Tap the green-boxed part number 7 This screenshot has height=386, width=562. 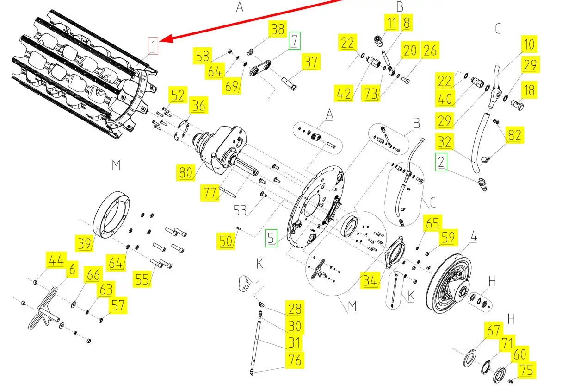point(294,41)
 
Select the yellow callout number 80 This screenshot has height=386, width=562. point(185,172)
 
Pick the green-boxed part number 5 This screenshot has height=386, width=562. point(271,239)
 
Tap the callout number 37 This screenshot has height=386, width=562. point(311,62)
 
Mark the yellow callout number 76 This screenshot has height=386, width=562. point(294,360)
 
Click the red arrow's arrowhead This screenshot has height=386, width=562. point(164,41)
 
